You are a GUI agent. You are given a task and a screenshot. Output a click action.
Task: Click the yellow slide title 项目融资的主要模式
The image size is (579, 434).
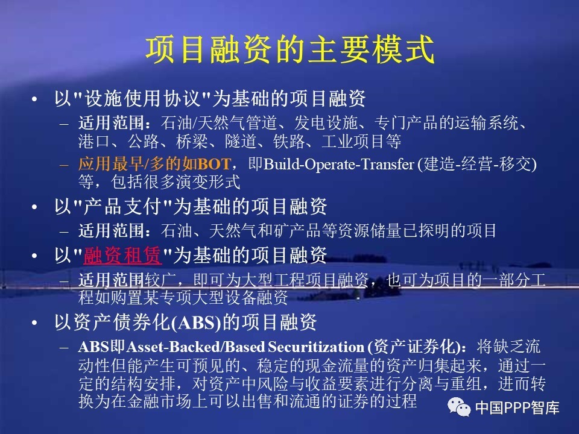pyautogui.click(x=290, y=50)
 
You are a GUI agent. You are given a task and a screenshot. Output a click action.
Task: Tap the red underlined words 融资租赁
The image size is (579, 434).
pyautogui.click(x=122, y=255)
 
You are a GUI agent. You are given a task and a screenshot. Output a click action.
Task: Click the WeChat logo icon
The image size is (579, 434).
pyautogui.click(x=459, y=407)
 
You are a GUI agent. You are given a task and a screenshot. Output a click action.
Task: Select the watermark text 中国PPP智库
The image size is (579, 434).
pyautogui.click(x=517, y=407)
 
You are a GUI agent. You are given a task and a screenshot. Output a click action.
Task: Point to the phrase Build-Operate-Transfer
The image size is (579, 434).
pyautogui.click(x=338, y=164)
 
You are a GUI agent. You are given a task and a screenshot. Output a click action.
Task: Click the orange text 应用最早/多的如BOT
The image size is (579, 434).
pyautogui.click(x=155, y=164)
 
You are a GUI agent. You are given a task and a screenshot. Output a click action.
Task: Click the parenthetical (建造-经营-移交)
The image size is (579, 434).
pyautogui.click(x=477, y=164)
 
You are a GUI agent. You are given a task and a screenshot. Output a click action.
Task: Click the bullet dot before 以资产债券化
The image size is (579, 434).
pyautogui.click(x=34, y=323)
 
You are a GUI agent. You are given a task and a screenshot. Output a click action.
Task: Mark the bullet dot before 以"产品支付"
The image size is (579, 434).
pyautogui.click(x=34, y=207)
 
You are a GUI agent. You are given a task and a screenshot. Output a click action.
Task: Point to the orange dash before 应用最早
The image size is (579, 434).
pyautogui.click(x=65, y=165)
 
